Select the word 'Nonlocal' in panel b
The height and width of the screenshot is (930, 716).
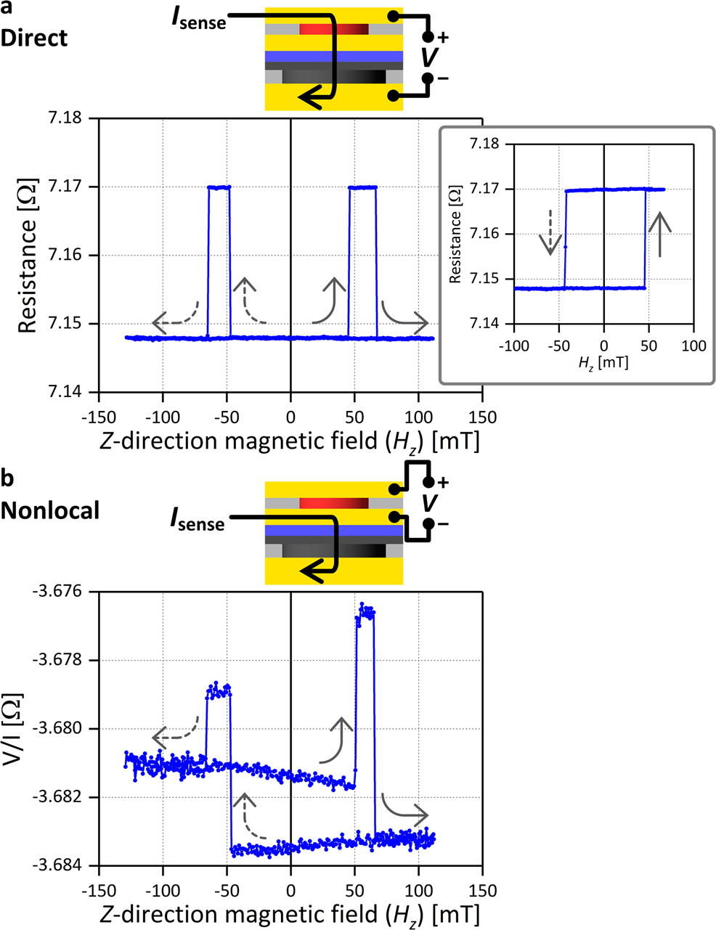[x=49, y=510]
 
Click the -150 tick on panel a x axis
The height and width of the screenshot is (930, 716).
[x=98, y=417]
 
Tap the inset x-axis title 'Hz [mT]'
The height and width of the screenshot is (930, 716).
[x=603, y=362]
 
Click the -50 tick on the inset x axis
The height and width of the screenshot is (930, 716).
[x=558, y=346]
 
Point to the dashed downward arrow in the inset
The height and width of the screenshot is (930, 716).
[x=551, y=232]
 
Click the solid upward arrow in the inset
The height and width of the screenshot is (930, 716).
[x=659, y=233]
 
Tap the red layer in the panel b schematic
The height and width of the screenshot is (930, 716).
[x=333, y=503]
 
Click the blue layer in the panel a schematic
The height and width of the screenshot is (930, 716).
[x=333, y=57]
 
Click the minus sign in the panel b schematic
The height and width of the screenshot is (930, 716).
[x=442, y=523]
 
